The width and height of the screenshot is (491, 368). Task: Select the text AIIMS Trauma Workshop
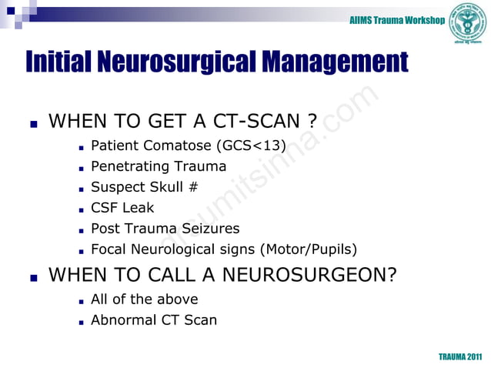tap(396, 19)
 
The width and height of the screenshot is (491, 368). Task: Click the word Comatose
tap(177, 145)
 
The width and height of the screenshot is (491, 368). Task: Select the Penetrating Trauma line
tap(159, 166)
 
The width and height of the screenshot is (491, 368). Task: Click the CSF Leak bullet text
tap(122, 207)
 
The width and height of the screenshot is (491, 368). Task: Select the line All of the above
tap(144, 299)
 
